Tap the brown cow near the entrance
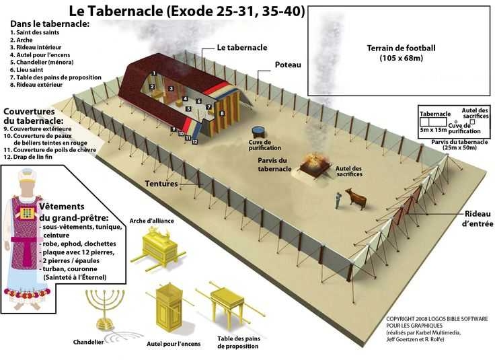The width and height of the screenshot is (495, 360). pos(356,198)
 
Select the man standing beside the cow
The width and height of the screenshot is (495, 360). pos(338,201)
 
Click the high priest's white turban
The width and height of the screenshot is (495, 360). pos(27,175)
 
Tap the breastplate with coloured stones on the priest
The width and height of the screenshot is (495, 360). pos(28,213)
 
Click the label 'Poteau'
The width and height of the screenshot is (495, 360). pos(288,65)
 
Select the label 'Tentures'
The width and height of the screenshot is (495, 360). pos(161,184)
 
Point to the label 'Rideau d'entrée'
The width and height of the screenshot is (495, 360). pos(478,219)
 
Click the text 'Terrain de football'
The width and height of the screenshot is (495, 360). pos(401,48)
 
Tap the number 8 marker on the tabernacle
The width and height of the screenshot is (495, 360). pos(222,113)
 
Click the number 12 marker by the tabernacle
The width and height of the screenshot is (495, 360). pos(195,142)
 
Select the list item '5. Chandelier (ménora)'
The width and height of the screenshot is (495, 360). pos(42,62)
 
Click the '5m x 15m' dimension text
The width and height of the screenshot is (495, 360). pos(433,130)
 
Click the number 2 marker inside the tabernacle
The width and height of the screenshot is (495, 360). pos(152,87)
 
